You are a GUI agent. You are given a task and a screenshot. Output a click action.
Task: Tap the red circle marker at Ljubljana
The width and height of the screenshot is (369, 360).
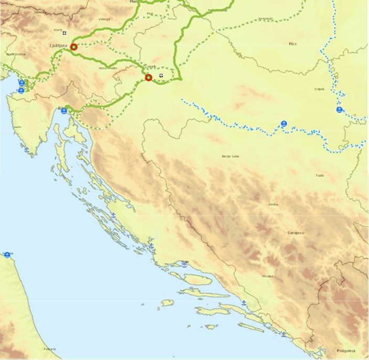point(73,47)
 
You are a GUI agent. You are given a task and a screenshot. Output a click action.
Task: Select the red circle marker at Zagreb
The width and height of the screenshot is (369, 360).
point(149,78)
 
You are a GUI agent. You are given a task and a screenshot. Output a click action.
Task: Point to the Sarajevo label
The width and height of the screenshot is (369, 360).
point(296,232)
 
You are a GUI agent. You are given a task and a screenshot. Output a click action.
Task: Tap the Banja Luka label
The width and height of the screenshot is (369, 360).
point(230,156)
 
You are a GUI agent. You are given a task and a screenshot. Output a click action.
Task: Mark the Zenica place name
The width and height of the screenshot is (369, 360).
point(272,204)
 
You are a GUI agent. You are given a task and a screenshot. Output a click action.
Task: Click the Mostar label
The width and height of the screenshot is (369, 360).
point(268,276)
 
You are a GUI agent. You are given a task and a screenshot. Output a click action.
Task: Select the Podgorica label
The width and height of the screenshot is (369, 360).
point(346,350)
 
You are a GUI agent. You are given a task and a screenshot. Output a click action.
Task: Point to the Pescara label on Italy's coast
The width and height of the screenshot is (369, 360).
point(50,349)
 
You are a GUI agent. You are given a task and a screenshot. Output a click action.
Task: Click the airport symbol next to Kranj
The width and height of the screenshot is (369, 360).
point(65,33)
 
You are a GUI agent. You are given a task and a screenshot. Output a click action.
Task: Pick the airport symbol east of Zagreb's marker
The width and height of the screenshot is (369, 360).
point(161,75)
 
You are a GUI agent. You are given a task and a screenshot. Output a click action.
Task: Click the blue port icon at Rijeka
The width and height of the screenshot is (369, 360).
point(64,111)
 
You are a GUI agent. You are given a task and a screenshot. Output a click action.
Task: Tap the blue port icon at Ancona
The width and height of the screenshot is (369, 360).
point(7,255)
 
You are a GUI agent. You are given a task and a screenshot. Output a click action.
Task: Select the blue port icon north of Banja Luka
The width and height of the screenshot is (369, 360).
point(284,124)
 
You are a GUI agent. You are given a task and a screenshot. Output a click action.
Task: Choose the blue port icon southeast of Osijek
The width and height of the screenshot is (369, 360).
point(340,109)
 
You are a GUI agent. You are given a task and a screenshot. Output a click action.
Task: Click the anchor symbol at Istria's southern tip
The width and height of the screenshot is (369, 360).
point(27,150)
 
